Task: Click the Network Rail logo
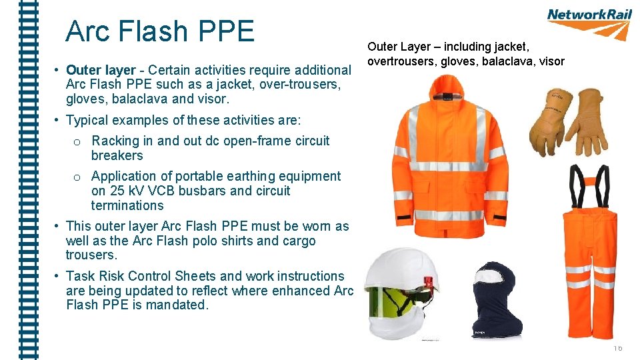click(x=589, y=23)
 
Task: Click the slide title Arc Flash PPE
click(x=160, y=31)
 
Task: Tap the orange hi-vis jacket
click(x=448, y=160)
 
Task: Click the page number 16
click(x=618, y=349)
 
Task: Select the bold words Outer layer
click(x=101, y=70)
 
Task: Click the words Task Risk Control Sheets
click(x=140, y=276)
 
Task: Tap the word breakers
click(x=117, y=155)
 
